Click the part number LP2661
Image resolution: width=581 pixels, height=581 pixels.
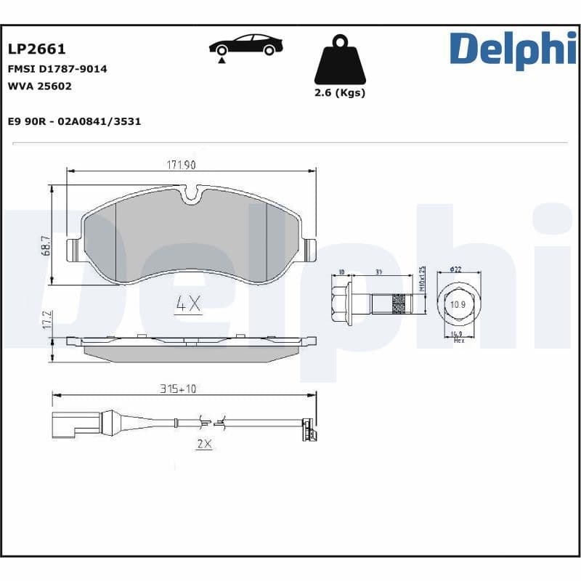coord(37,49)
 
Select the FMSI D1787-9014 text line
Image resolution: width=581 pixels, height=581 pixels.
coord(57,69)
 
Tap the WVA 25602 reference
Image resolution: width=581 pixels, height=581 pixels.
coord(40,86)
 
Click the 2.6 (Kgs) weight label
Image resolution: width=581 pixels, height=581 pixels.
coord(339,92)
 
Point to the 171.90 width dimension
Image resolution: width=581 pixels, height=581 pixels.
coord(182,165)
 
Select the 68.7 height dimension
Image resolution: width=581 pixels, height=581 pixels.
coord(46,247)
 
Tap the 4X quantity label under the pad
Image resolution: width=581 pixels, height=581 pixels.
coord(188,304)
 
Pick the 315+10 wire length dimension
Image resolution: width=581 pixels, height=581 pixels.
coord(178,389)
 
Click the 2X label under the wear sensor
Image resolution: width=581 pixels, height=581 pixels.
coord(203,444)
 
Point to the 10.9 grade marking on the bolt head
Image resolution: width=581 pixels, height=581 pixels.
coord(458,304)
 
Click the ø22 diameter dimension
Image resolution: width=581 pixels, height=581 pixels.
coord(456,269)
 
